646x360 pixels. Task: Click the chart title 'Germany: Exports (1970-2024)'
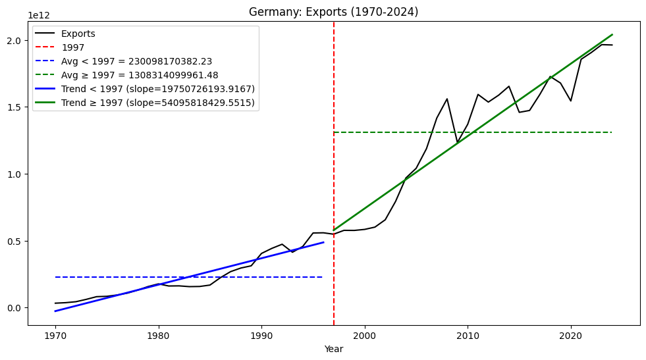tap(333, 12)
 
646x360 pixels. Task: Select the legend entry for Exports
tap(78, 34)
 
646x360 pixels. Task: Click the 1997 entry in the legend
tap(72, 48)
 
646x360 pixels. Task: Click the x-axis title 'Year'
tap(333, 349)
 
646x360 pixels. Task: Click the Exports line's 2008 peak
tap(447, 99)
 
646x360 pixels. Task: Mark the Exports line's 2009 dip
tap(458, 142)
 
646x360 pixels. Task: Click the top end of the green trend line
tap(612, 35)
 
